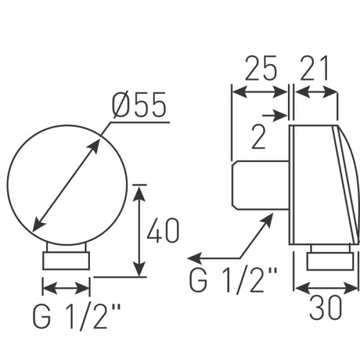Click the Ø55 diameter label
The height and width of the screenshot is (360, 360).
pyautogui.click(x=139, y=104)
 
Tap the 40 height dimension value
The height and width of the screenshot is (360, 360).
pyautogui.click(x=163, y=230)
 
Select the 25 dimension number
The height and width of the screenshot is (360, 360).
pyautogui.click(x=261, y=68)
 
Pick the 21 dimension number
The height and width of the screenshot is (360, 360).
pyautogui.click(x=314, y=68)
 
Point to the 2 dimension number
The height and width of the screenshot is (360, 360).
pyautogui.click(x=258, y=138)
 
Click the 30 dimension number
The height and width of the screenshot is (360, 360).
pyautogui.click(x=325, y=307)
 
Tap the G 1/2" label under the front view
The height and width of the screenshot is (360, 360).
pyautogui.click(x=76, y=316)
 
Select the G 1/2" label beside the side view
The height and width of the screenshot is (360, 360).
pyautogui.click(x=233, y=280)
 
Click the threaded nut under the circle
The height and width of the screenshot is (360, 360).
pyautogui.click(x=66, y=261)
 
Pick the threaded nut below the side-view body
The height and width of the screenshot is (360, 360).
pyautogui.click(x=330, y=261)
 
